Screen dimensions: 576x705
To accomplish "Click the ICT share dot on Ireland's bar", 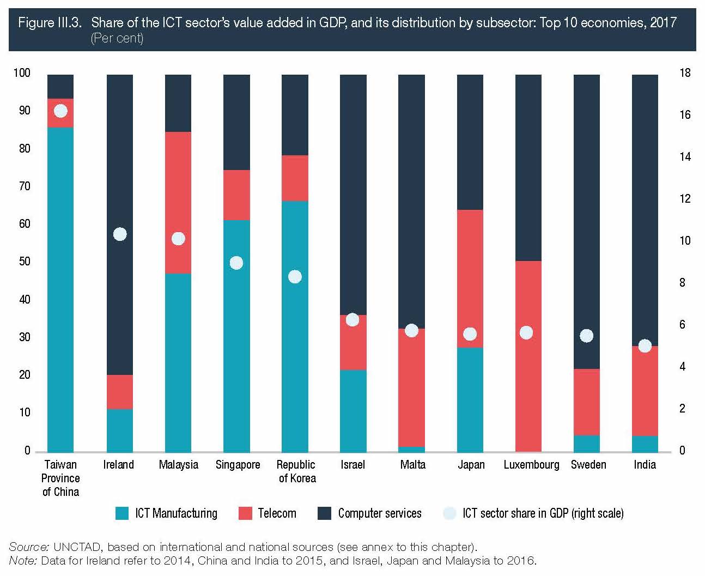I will tap(120, 234).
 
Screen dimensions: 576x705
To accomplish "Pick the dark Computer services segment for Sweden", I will tap(587, 218).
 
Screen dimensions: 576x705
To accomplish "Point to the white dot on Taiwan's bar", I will tap(60, 111).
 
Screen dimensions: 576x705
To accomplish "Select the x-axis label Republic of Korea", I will tap(296, 471).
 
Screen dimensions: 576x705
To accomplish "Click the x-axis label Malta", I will tap(412, 465).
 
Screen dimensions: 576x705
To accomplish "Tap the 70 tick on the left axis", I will tap(25, 186).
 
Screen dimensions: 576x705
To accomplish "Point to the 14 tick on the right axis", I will tap(684, 157).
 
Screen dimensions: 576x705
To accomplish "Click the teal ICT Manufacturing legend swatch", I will tap(122, 513).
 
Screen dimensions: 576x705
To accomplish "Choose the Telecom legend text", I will tap(277, 513).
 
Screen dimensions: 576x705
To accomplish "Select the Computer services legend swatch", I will tap(324, 513).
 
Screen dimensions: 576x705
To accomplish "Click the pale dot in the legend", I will tap(449, 513).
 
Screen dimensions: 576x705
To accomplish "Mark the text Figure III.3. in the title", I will tap(50, 23).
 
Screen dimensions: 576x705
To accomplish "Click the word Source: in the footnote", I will tap(29, 547).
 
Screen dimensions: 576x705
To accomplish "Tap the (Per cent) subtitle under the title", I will tap(117, 38).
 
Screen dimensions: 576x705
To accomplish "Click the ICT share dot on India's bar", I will tap(645, 346).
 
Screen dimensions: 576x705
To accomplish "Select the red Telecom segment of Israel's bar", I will tap(353, 343).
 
